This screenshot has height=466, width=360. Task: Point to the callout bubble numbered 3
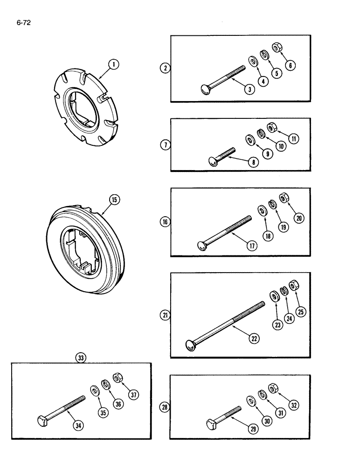pyautogui.click(x=251, y=90)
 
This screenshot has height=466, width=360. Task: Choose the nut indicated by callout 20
pyautogui.click(x=283, y=199)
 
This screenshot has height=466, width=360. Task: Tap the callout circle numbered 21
pyautogui.click(x=165, y=315)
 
